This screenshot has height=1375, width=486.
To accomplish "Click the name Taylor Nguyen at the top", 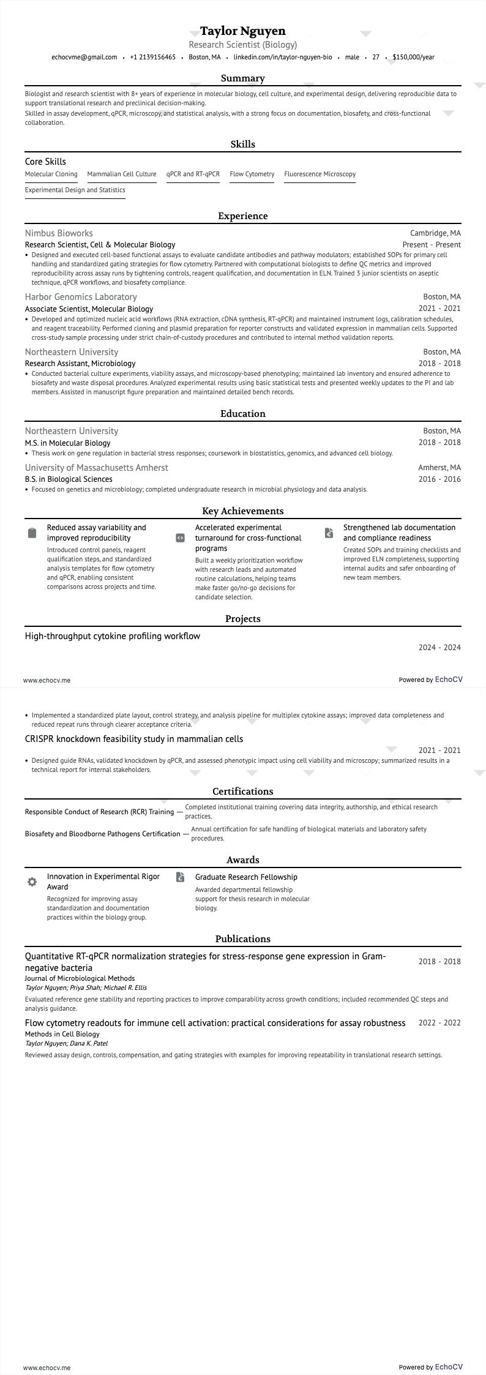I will (242, 31).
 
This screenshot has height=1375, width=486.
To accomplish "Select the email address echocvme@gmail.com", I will (84, 58).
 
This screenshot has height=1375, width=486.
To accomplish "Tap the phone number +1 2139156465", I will (152, 58).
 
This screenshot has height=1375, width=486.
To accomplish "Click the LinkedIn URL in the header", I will (283, 58).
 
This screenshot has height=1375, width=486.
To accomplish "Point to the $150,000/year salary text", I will (413, 58).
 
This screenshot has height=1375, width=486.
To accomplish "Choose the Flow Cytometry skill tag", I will (252, 174).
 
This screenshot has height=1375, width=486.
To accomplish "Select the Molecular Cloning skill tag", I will (51, 174).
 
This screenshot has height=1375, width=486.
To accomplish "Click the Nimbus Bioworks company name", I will (59, 233).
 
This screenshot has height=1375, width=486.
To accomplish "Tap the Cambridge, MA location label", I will (435, 233).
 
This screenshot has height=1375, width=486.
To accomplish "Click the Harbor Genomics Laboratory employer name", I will (81, 297).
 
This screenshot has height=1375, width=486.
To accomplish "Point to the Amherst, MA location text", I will (439, 468).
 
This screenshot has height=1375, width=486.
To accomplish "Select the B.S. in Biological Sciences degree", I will (69, 479).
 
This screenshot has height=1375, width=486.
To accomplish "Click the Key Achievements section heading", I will (242, 511).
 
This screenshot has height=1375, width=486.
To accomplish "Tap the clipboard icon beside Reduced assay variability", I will (32, 533).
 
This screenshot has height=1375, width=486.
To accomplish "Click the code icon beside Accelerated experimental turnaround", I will (180, 538).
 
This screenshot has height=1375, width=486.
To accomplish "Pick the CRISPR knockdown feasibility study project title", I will (133, 739).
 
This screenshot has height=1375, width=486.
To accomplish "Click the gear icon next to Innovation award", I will (32, 882).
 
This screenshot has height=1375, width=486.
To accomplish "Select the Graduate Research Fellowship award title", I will (246, 877).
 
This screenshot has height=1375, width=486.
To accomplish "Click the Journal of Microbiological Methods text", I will (80, 978).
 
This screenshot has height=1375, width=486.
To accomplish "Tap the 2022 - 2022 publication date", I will (439, 1023).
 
